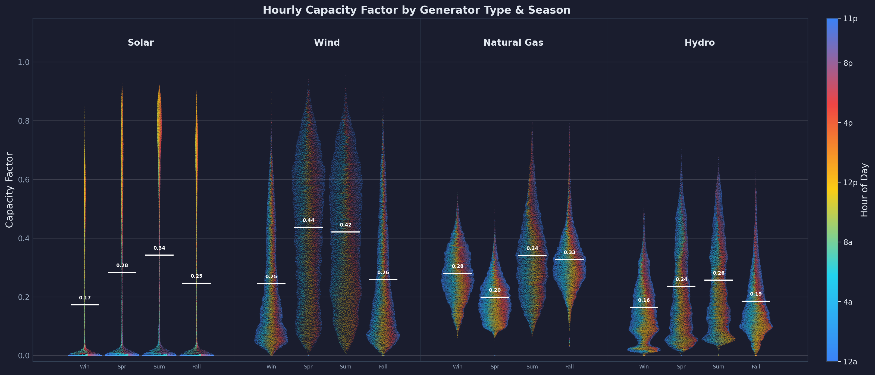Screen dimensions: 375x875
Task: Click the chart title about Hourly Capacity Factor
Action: click(416, 10)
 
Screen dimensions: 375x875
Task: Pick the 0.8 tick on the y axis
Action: click(24, 121)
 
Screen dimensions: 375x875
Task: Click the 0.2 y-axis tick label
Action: click(24, 297)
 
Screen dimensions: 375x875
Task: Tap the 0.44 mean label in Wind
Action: click(308, 220)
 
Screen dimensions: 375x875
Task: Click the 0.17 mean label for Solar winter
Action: click(85, 298)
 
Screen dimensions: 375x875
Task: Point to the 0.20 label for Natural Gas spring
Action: click(495, 290)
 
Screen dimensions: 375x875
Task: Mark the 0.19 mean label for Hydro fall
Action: click(756, 294)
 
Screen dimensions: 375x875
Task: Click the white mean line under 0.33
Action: click(569, 259)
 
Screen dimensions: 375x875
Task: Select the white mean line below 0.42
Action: click(346, 232)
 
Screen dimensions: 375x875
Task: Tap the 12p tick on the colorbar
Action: click(850, 182)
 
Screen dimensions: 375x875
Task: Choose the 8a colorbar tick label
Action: click(848, 242)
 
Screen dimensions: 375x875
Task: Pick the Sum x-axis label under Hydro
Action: click(719, 367)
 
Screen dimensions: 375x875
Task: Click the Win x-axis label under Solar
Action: click(84, 367)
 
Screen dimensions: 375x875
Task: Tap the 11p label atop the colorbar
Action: click(850, 19)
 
